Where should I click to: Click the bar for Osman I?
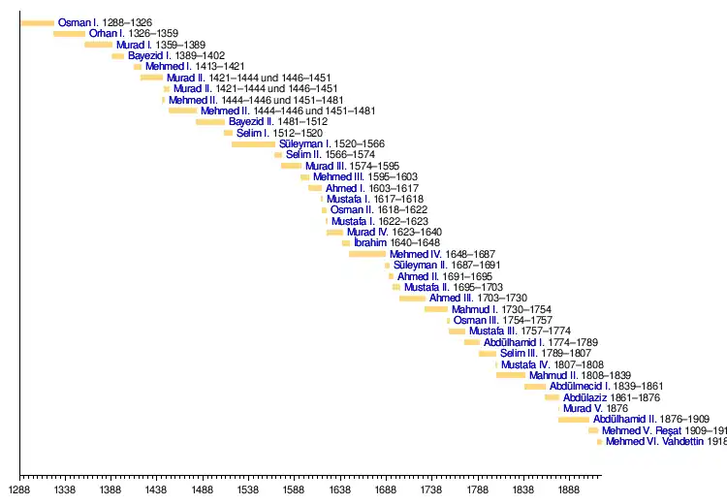tap(37, 22)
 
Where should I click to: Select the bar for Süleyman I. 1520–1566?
tap(253, 144)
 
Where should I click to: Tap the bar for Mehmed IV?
tap(367, 254)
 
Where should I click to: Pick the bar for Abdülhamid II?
tap(574, 420)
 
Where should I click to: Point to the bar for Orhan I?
tap(69, 34)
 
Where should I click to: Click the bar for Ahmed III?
tap(412, 299)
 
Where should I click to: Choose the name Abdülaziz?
tap(585, 397)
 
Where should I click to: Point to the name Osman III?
tap(476, 321)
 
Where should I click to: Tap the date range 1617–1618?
tap(398, 199)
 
